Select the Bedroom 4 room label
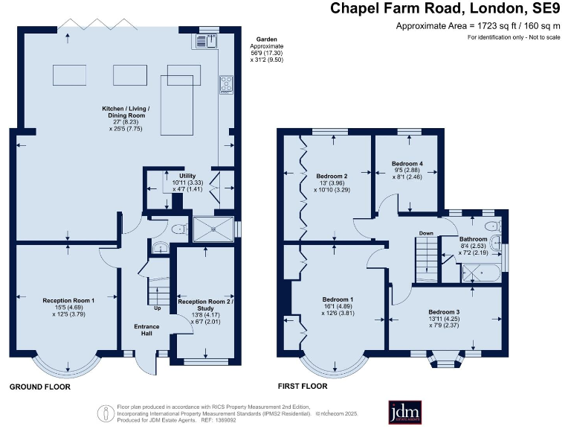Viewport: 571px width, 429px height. click(x=407, y=163)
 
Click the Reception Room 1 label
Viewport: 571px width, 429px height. click(x=68, y=301)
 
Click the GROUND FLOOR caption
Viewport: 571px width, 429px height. click(x=39, y=387)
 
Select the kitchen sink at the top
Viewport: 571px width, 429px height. click(x=206, y=41)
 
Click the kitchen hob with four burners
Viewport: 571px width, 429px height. click(x=226, y=85)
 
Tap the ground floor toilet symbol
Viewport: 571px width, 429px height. click(x=178, y=230)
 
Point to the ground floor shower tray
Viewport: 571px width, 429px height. click(x=213, y=229)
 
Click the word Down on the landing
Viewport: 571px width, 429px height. click(x=426, y=233)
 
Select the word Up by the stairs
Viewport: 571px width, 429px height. click(x=157, y=308)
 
